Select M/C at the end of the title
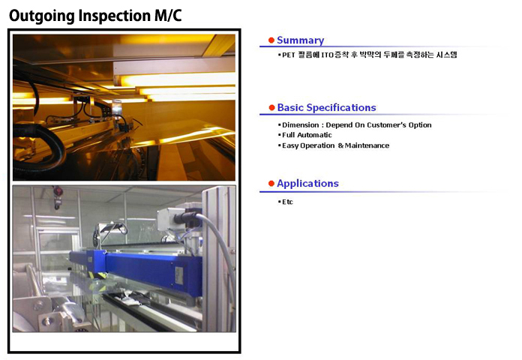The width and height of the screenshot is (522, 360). point(168,15)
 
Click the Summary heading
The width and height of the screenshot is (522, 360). point(300,40)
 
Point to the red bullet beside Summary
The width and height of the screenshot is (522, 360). point(271,40)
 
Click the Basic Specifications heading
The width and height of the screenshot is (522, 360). point(326,107)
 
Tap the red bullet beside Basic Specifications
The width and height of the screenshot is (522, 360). point(271,107)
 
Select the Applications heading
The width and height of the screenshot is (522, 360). point(307,184)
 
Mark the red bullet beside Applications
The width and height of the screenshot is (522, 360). point(271,184)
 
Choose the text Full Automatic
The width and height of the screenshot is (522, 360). point(307,135)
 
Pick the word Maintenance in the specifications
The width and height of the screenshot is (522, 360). point(367,145)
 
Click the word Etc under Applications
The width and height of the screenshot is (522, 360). point(287,202)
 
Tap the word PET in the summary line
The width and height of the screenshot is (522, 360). point(289,55)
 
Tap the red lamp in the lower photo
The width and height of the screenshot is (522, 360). point(58,191)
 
